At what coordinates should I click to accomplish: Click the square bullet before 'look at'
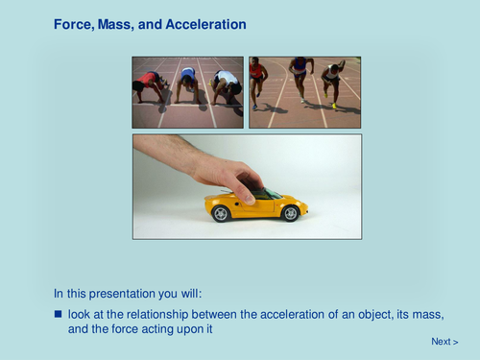[58, 314]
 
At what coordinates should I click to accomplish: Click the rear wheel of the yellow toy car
[222, 213]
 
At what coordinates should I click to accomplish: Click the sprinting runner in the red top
[257, 80]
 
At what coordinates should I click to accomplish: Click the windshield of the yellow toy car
[272, 193]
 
